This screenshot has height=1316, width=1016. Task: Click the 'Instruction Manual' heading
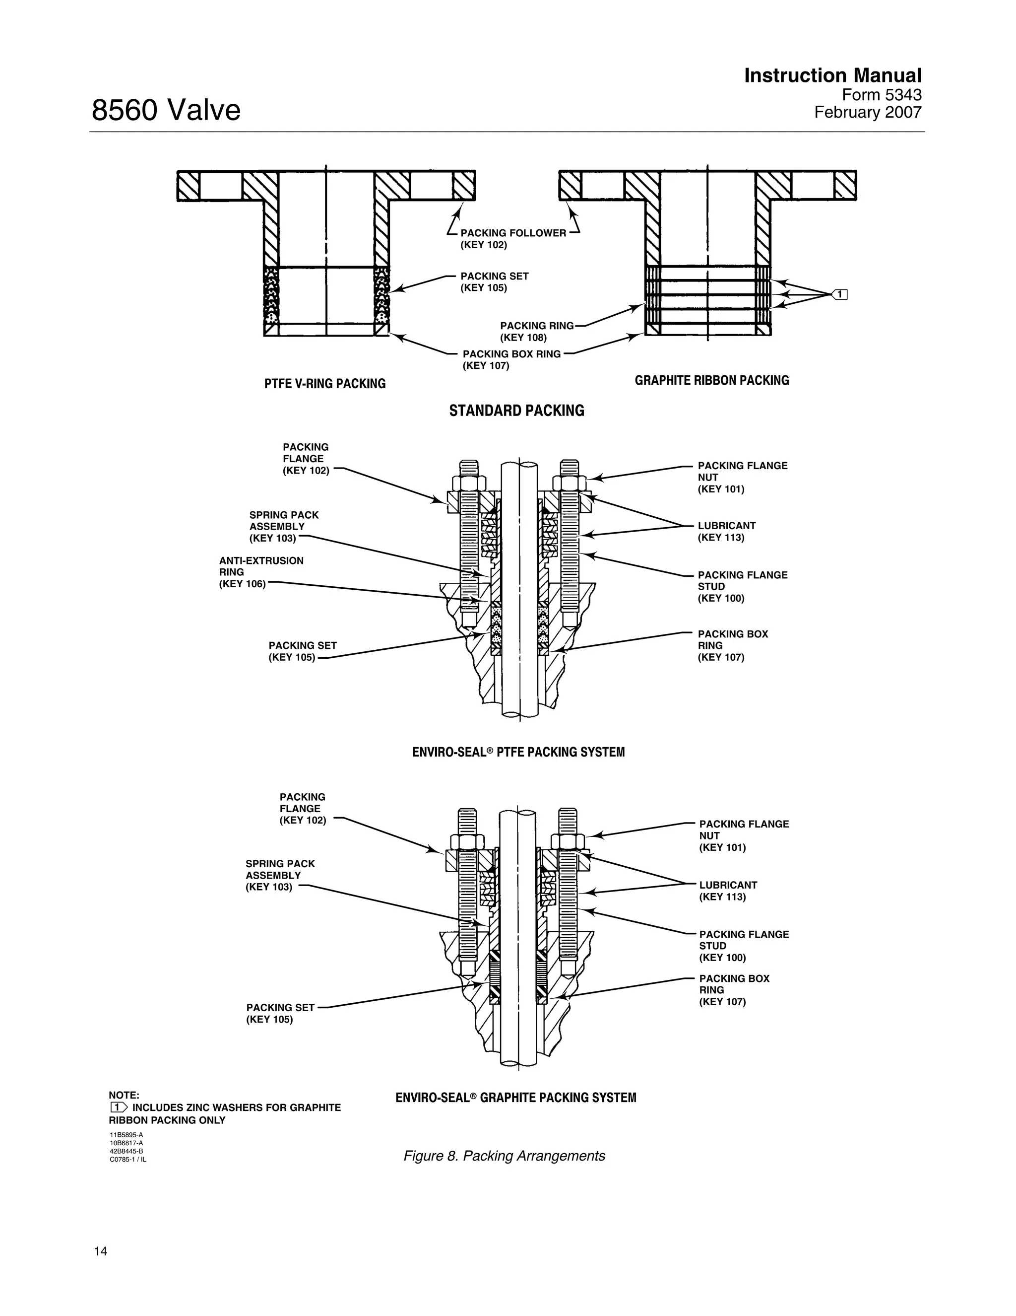[x=832, y=76]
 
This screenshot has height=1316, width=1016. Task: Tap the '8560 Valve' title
[x=166, y=111]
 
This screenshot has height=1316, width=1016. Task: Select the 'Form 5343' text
[x=881, y=95]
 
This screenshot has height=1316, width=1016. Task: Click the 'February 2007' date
[x=867, y=113]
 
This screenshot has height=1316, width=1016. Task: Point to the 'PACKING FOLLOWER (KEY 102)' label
[x=512, y=239]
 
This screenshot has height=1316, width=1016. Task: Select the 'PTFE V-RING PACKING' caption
[x=324, y=384]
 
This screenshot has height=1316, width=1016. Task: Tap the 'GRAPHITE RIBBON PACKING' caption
[x=711, y=380]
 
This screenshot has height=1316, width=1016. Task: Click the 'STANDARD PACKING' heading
[x=516, y=411]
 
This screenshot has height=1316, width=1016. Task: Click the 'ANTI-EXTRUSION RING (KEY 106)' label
[x=261, y=572]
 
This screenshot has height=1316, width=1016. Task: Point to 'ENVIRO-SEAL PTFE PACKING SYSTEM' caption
[x=518, y=752]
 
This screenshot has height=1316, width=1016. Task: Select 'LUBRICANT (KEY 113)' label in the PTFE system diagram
[x=726, y=532]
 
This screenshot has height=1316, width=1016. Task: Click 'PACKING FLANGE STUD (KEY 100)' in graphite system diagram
[x=743, y=945]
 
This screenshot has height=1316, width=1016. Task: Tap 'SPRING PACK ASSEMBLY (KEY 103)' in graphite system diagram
[x=280, y=876]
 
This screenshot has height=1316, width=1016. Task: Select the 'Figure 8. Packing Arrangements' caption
[x=504, y=1156]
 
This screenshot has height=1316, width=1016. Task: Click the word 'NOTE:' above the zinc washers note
[x=124, y=1095]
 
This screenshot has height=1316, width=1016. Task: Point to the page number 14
[x=101, y=1251]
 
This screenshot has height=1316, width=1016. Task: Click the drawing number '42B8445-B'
[x=126, y=1151]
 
